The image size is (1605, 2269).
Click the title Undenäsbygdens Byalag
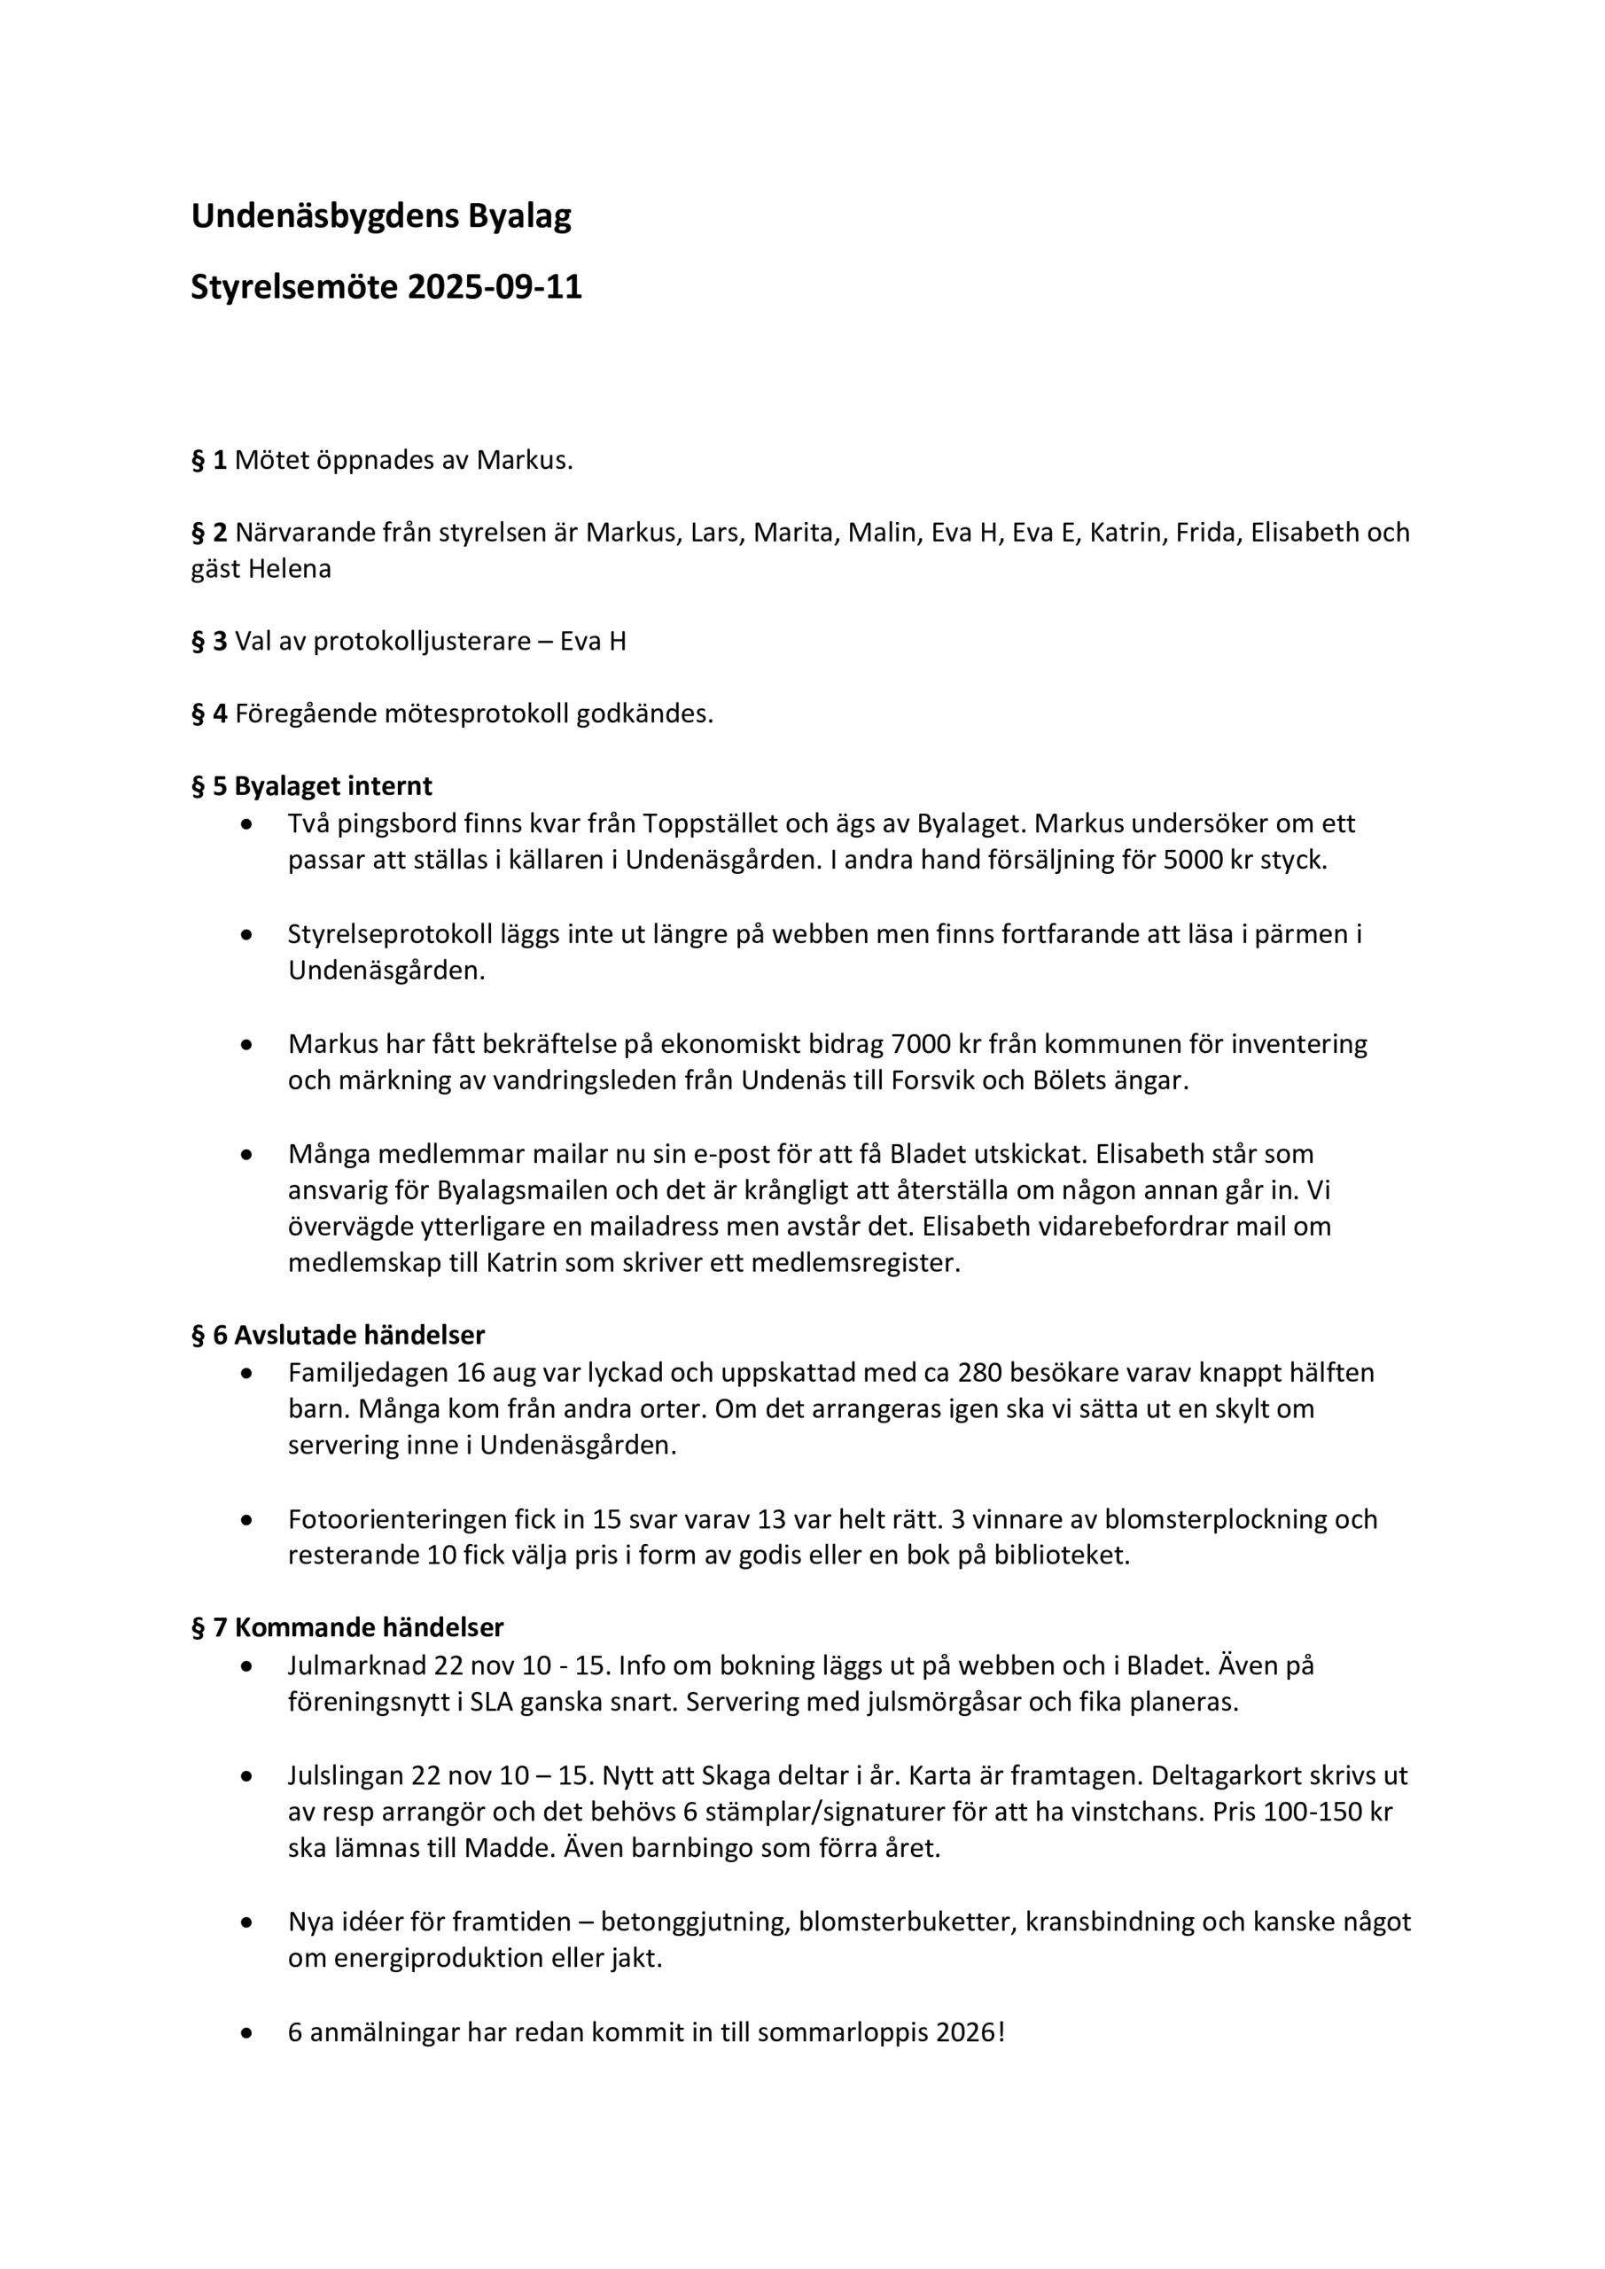point(380,215)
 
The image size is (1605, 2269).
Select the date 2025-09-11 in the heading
point(495,286)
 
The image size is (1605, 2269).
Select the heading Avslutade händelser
point(360,1335)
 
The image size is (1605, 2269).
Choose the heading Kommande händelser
point(369,1627)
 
